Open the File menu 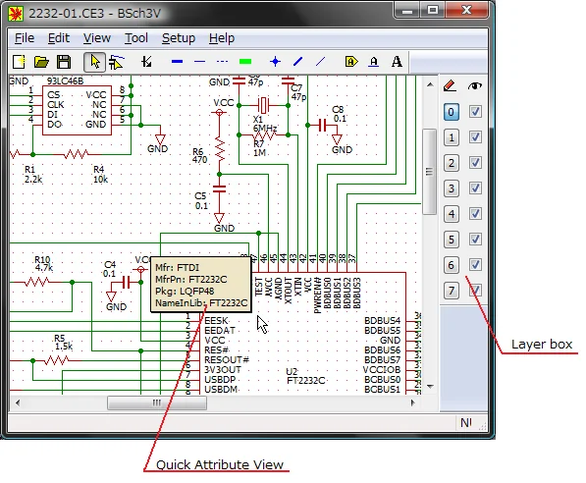[25, 38]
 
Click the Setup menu [178, 38]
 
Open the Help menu [222, 38]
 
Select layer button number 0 [451, 112]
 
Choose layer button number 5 [451, 240]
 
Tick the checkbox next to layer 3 [475, 188]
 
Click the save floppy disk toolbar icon [63, 62]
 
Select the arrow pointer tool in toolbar [93, 62]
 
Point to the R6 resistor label [198, 151]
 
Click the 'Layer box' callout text [541, 345]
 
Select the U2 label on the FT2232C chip [292, 372]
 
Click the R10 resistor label [42, 259]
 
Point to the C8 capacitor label [338, 109]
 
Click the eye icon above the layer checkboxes [476, 86]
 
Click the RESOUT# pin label [226, 360]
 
